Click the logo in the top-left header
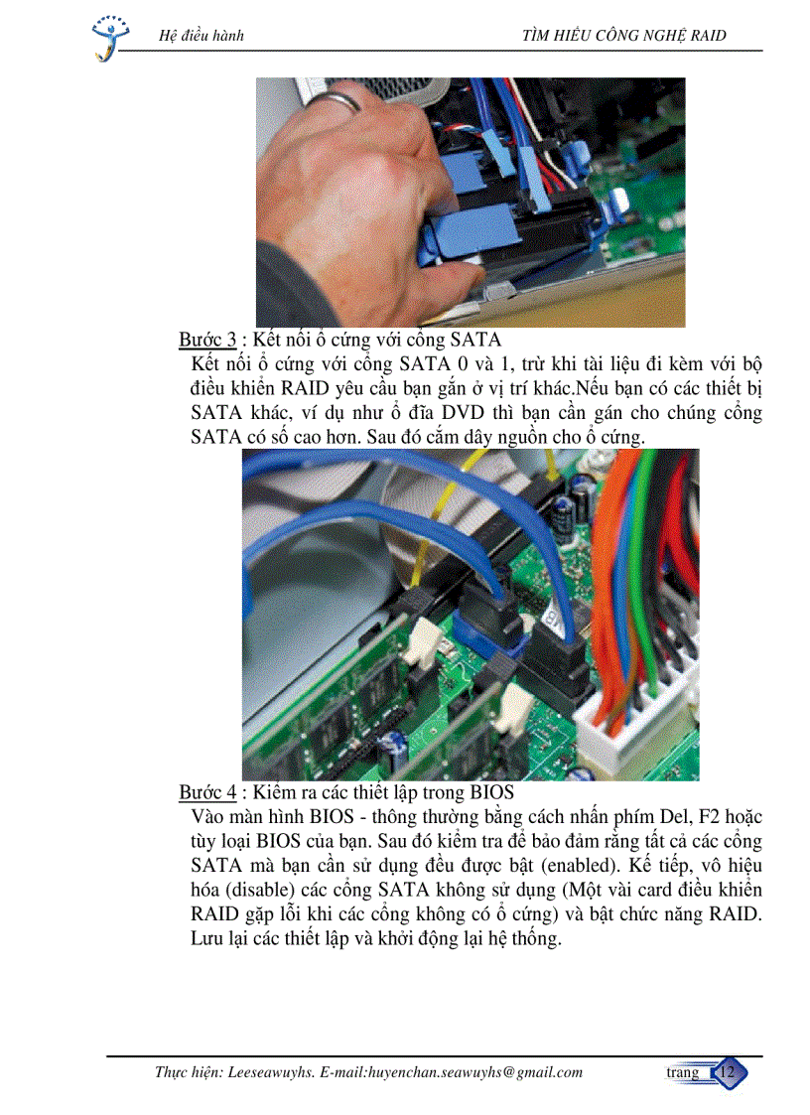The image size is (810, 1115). tap(108, 37)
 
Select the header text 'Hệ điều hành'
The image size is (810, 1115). tap(202, 37)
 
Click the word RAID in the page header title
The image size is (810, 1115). tap(705, 37)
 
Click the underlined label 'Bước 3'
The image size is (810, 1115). tap(207, 341)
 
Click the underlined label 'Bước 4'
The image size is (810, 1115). tap(207, 792)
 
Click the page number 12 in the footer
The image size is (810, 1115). tap(730, 1072)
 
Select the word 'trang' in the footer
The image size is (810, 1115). tap(682, 1072)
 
